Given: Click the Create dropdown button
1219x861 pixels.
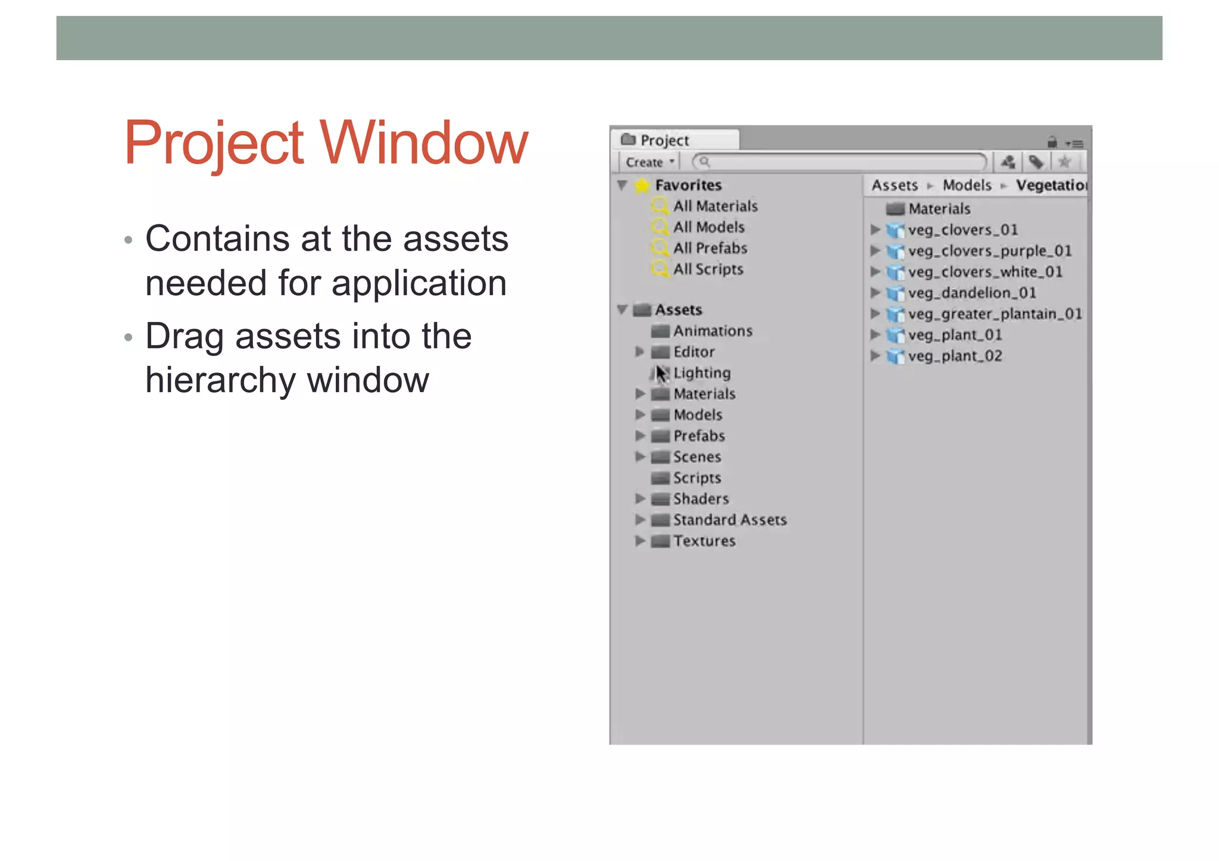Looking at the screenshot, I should tap(649, 162).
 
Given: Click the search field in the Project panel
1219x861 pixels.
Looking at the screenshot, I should tap(839, 162).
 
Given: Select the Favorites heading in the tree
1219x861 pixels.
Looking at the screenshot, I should tap(688, 185).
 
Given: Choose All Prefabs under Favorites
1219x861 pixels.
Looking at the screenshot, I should tap(710, 248).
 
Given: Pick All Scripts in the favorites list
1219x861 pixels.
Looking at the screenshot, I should tap(708, 269).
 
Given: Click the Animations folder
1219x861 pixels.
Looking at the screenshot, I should tap(712, 331).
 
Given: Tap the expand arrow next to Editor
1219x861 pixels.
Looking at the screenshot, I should tap(640, 352).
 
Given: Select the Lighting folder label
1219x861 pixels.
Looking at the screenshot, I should tap(702, 373).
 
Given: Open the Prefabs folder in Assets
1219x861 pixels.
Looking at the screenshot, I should tap(699, 436).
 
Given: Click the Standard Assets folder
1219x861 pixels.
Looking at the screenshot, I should tap(730, 520).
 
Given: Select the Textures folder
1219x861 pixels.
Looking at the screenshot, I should tap(704, 541).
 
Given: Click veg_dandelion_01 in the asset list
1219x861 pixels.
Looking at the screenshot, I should tap(971, 293).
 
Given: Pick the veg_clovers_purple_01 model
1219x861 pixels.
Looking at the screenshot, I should tap(989, 251).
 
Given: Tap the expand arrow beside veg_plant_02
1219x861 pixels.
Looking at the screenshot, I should tap(875, 356).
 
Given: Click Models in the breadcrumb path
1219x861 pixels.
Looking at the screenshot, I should tap(967, 185).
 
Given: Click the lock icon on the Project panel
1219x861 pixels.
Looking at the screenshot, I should tap(1052, 142).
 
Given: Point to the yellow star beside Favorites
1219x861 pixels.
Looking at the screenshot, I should tap(642, 185).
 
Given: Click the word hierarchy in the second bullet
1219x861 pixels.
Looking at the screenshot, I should tap(221, 380).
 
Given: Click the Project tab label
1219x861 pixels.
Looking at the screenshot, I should tap(664, 140).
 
